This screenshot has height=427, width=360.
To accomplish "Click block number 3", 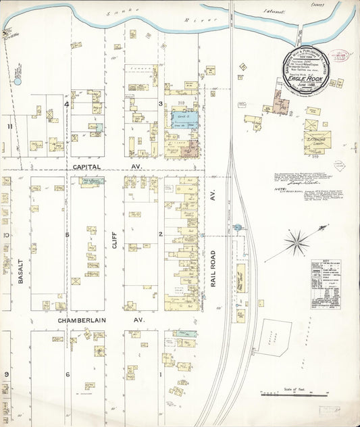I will pos(160,103).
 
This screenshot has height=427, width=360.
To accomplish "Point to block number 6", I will pos(67,374).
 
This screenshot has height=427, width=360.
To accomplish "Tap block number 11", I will pos(9,126).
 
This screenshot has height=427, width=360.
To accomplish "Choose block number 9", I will pos(7,374).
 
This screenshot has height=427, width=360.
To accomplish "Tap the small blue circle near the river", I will pos(18,81).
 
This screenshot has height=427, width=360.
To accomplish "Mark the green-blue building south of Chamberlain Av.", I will pos(184,333).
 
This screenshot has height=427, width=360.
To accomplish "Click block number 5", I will pos(67,234).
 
